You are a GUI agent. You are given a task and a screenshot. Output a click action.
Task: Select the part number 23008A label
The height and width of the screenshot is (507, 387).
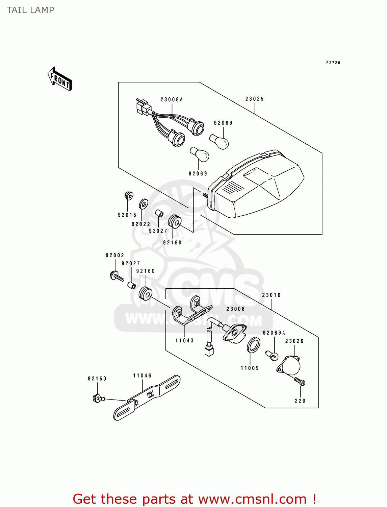click(172, 100)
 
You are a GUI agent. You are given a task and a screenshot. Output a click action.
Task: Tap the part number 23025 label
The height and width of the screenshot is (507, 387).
click(255, 99)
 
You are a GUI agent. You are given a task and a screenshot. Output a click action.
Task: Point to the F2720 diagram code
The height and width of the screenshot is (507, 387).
click(333, 63)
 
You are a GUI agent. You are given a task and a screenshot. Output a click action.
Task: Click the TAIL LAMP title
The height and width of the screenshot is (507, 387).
click(30, 10)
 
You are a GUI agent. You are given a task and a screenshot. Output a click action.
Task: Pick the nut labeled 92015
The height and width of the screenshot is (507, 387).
click(129, 195)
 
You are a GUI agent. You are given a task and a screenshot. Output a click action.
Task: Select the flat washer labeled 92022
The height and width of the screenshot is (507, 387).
click(144, 204)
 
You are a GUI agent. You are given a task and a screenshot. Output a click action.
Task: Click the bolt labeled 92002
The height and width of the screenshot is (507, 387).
click(117, 276)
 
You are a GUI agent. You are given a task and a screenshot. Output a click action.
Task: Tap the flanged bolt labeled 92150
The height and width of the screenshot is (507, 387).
click(98, 398)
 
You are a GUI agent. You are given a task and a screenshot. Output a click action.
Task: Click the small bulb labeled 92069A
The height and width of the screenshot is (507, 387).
click(272, 355)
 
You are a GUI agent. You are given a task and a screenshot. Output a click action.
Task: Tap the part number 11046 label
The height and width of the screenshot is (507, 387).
click(142, 376)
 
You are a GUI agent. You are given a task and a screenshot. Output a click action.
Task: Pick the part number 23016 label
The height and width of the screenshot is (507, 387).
click(272, 295)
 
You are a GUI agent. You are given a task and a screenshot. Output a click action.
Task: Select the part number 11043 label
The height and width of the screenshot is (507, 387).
click(184, 341)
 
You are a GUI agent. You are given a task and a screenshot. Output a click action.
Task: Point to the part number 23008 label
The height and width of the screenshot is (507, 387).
click(235, 309)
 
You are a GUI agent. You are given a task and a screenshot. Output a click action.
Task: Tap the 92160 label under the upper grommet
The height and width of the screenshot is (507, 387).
click(172, 243)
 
